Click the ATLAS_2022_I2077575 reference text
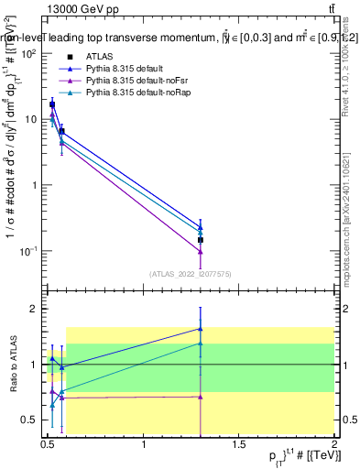[x=191, y=273]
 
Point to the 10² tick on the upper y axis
[x=29, y=54]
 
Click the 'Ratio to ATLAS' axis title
[x=12, y=365]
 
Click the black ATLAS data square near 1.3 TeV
[x=201, y=240]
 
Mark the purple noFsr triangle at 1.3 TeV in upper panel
[x=201, y=251]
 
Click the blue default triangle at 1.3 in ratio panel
[x=201, y=328]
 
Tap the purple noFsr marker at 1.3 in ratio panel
[x=201, y=397]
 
